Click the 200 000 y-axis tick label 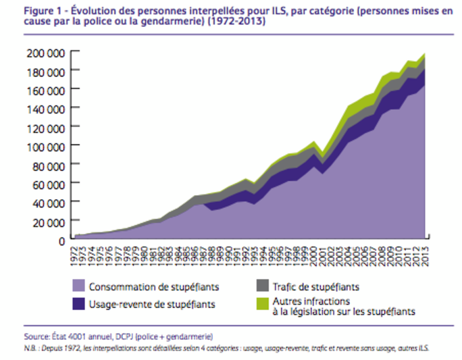point(46,52)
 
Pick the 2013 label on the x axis point(426,255)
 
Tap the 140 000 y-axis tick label point(46,108)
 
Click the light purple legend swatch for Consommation point(79,286)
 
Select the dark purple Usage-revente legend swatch point(79,305)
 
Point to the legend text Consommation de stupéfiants point(147,287)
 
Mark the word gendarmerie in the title point(170,22)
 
